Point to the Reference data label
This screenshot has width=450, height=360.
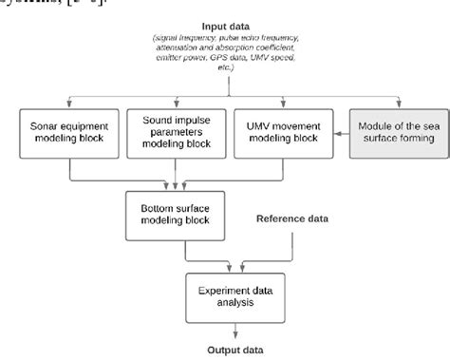click(293, 219)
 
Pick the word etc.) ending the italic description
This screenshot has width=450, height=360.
click(225, 83)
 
